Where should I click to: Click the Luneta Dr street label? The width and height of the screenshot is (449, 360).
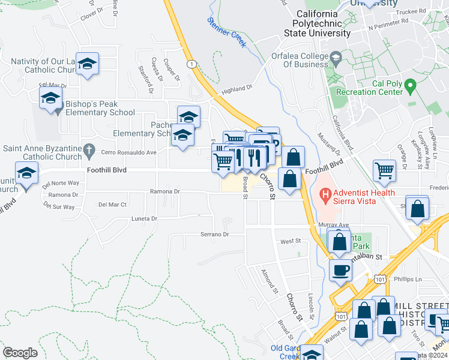[143, 219]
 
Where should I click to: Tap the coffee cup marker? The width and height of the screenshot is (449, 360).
[340, 269]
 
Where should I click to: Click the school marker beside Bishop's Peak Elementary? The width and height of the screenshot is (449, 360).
[50, 98]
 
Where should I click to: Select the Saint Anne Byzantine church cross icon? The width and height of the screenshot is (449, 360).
[89, 148]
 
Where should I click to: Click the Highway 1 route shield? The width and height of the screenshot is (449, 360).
[191, 64]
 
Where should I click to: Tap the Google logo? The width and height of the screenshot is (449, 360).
[20, 352]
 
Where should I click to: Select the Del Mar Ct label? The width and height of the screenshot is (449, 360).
[112, 205]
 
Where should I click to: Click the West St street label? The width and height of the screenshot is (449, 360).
[290, 241]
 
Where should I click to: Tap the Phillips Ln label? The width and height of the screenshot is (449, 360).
[408, 279]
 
